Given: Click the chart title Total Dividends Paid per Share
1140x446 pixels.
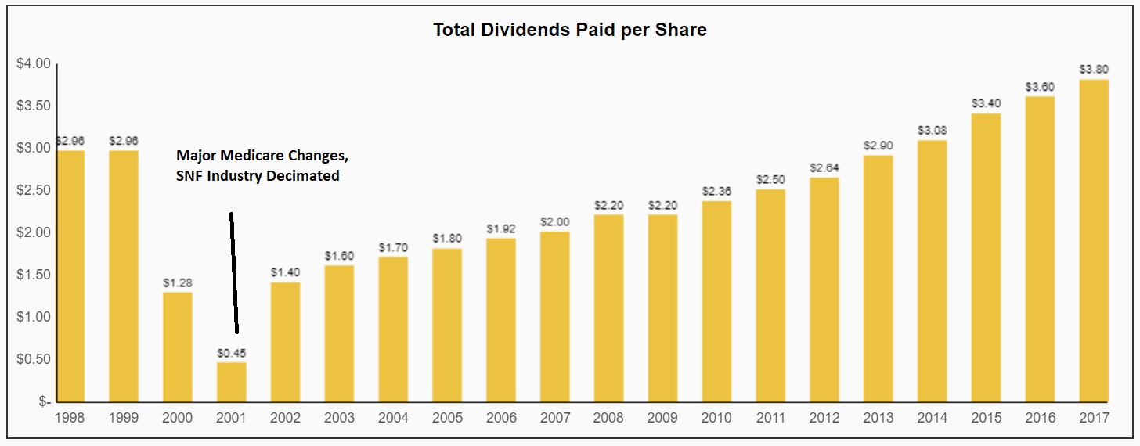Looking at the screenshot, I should pyautogui.click(x=570, y=31).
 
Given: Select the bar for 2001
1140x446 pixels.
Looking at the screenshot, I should pyautogui.click(x=231, y=383).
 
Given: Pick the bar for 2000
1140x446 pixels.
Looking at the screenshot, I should pyautogui.click(x=178, y=347).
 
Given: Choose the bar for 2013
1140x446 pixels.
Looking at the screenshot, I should pyautogui.click(x=878, y=279).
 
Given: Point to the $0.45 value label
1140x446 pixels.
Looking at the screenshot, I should pyautogui.click(x=231, y=353).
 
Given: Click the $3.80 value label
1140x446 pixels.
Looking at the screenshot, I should pyautogui.click(x=1094, y=70).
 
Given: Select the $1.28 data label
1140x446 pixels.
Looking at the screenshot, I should pyautogui.click(x=178, y=283).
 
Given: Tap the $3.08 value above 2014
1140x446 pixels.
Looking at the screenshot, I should pyautogui.click(x=932, y=131).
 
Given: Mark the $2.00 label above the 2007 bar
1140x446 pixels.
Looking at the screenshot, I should pyautogui.click(x=554, y=222).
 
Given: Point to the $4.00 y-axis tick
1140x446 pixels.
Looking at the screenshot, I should pyautogui.click(x=33, y=64).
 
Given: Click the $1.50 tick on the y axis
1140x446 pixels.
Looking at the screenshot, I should pyautogui.click(x=33, y=275).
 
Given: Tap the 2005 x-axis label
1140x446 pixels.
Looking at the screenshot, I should pyautogui.click(x=446, y=418).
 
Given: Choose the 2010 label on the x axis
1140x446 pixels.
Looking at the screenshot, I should pyautogui.click(x=716, y=418).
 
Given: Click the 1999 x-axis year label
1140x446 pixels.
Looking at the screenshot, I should pyautogui.click(x=124, y=418).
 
